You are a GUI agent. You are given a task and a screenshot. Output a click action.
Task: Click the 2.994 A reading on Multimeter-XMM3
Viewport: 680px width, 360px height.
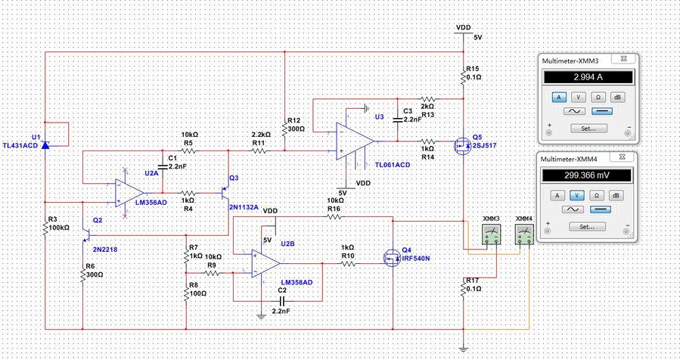click(588, 78)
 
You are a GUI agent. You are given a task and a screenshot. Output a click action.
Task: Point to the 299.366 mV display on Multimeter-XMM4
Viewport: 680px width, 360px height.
click(588, 175)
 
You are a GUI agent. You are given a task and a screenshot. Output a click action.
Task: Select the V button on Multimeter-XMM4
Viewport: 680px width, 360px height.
click(577, 194)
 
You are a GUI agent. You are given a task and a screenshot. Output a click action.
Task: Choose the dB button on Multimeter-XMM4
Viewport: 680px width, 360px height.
click(616, 194)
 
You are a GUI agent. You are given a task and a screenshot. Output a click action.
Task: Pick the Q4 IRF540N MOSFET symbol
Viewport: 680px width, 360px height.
click(390, 258)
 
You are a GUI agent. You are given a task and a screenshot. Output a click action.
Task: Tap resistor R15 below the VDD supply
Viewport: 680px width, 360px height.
click(462, 74)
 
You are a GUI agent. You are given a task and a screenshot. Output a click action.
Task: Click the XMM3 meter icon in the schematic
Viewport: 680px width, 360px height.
click(492, 234)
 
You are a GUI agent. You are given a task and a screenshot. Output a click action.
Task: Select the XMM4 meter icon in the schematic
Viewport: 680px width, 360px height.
click(525, 234)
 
